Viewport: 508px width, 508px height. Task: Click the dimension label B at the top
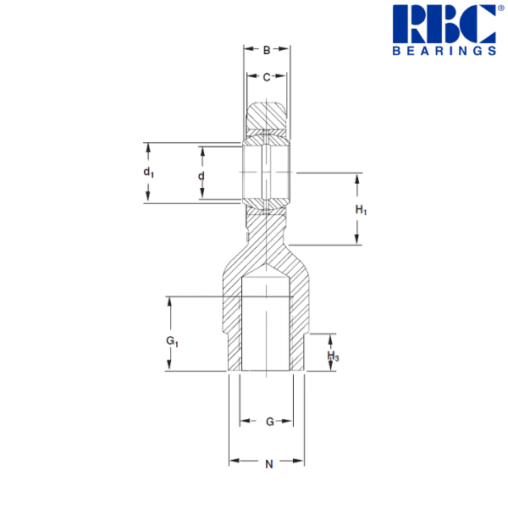[x=267, y=51]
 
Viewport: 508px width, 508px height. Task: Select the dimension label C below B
[x=267, y=78]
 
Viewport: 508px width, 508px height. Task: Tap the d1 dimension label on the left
[x=148, y=174]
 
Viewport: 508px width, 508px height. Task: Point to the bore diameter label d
[x=201, y=175]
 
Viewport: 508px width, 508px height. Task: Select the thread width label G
[x=268, y=421]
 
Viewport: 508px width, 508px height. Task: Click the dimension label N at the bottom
[x=268, y=463]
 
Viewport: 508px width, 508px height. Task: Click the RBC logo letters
[x=444, y=25]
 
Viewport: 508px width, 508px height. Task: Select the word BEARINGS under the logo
[x=444, y=52]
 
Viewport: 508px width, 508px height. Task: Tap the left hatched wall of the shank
[x=232, y=326]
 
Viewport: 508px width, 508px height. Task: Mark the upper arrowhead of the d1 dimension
[x=148, y=145]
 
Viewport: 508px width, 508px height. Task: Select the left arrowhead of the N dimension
[x=232, y=462]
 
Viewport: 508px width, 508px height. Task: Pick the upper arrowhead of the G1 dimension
[x=170, y=301]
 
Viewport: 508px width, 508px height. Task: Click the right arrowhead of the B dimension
[x=288, y=51]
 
